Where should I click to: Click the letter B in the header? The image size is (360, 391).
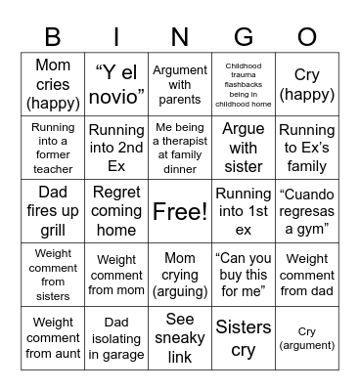point(53,37)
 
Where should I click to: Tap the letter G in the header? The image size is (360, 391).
point(244,37)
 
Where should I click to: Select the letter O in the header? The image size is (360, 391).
point(307,37)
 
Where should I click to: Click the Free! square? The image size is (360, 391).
point(180,211)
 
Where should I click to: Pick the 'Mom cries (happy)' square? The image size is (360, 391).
point(53,84)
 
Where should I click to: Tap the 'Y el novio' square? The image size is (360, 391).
point(116,84)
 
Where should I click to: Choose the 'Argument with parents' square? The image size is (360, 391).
point(180,84)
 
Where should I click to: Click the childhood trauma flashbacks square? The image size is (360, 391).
point(244,84)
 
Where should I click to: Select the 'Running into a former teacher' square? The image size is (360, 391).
point(53,148)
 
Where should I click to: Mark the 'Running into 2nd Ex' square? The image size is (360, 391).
point(116,148)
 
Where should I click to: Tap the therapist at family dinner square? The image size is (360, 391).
point(180,148)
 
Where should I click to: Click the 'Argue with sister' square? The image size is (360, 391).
point(244,148)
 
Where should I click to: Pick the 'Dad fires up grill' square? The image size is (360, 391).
point(53,211)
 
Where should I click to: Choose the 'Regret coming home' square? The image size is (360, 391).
point(116,211)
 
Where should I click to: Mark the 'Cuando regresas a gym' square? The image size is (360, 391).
point(307,211)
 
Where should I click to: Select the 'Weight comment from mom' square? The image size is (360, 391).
point(116,275)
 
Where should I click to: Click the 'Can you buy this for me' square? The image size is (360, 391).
point(244,275)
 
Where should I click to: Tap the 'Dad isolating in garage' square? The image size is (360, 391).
point(116,338)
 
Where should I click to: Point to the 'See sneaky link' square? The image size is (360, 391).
point(180,338)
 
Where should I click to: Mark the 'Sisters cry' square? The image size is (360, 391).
point(244,338)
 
